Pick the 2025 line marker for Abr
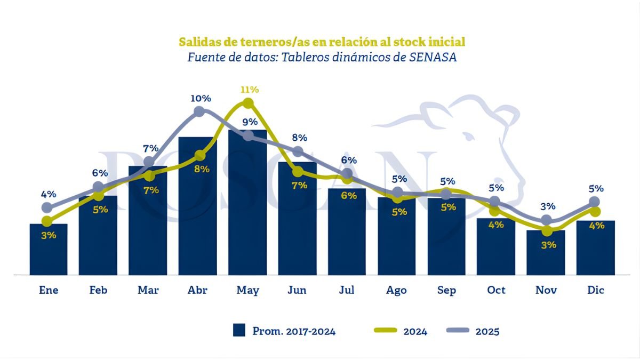[199, 111]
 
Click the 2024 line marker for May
[248, 103]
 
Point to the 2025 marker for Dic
[595, 202]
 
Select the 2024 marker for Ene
[47, 221]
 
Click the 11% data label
[249, 89]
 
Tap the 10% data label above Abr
[201, 98]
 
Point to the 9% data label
[250, 122]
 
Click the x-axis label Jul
[347, 290]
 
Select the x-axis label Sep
[446, 290]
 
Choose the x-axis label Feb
[98, 290]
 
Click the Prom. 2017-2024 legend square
[239, 331]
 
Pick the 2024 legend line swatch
[382, 331]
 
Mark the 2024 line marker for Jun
[298, 172]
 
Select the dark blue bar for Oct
[496, 246]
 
